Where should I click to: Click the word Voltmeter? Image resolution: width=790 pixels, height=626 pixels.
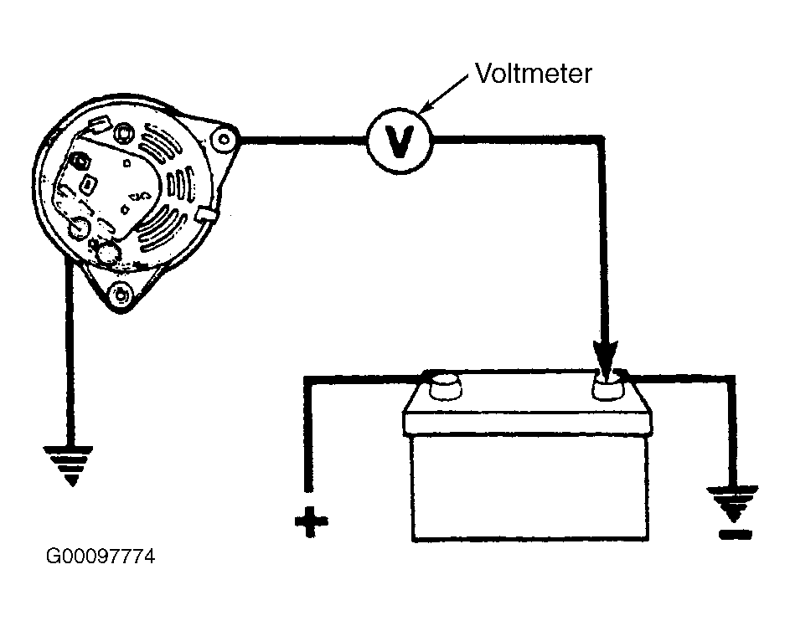click(x=533, y=74)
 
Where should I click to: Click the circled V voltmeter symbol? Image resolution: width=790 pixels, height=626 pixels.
click(x=399, y=141)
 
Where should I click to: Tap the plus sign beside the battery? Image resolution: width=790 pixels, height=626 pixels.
click(x=311, y=521)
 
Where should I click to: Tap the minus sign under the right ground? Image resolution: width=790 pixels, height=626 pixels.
click(x=736, y=535)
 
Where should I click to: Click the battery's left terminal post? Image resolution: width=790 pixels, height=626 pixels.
click(x=445, y=387)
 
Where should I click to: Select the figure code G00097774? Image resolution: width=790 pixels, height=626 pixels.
click(x=101, y=556)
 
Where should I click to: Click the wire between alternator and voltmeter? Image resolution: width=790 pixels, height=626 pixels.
click(x=302, y=141)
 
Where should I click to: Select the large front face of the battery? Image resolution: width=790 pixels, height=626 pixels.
click(x=530, y=486)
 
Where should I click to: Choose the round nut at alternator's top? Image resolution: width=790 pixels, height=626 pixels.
click(x=123, y=133)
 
